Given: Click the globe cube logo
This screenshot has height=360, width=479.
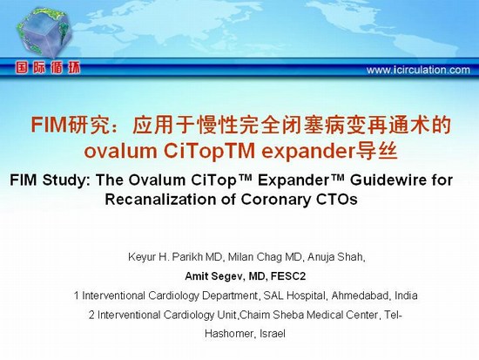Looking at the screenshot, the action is pyautogui.click(x=44, y=32).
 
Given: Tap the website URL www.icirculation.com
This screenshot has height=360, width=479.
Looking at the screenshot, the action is pyautogui.click(x=418, y=70).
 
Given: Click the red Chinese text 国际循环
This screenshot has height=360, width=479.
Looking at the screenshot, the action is pyautogui.click(x=48, y=68).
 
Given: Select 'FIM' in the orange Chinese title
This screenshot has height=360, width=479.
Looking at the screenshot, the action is pyautogui.click(x=49, y=125).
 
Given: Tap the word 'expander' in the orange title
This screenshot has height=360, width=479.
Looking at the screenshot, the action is pyautogui.click(x=308, y=151).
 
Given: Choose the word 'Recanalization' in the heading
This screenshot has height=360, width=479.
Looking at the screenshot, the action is pyautogui.click(x=162, y=200).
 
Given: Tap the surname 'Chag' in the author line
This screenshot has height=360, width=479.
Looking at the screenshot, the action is pyautogui.click(x=269, y=257).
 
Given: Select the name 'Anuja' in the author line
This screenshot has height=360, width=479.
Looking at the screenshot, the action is pyautogui.click(x=320, y=257).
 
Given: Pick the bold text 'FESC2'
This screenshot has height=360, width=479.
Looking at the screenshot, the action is pyautogui.click(x=288, y=276).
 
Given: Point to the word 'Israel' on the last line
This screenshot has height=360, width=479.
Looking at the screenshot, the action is pyautogui.click(x=273, y=333).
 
